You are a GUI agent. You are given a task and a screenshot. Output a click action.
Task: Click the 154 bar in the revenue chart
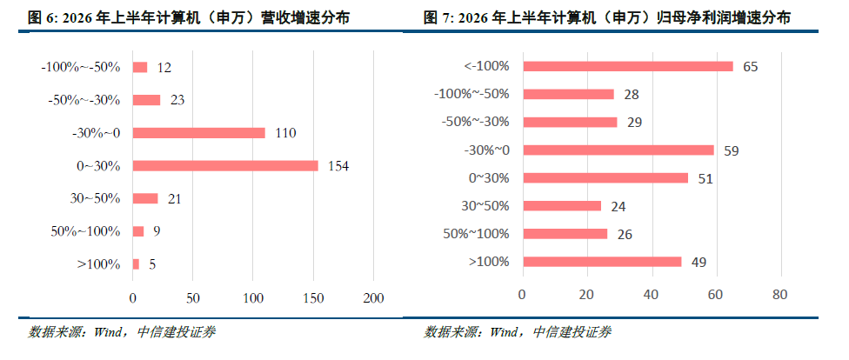coord(225,166)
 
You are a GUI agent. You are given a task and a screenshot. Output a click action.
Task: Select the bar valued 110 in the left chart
coord(198,133)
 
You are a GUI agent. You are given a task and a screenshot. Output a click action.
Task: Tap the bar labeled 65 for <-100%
coord(628,66)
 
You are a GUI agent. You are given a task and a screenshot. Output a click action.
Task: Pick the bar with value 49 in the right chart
coord(602,262)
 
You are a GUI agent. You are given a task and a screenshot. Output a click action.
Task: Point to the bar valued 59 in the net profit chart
coord(618,150)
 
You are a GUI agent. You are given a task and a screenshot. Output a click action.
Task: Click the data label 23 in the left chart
coord(177,100)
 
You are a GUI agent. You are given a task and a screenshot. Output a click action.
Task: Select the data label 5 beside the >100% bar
coord(152,264)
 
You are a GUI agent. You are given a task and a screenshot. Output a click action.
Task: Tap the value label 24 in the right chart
coord(618,206)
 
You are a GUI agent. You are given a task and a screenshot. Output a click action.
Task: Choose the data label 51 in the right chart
coord(705,178)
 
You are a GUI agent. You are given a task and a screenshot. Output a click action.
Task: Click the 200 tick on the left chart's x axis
coord(373,298)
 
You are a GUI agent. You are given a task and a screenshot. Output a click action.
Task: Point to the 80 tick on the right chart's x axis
coord(781,295)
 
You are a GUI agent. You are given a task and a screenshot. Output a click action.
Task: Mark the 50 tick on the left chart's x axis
coord(193,298)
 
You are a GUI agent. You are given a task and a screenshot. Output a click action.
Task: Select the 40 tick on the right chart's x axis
coord(652,295)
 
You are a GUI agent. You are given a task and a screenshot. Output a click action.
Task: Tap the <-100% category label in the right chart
coord(487,66)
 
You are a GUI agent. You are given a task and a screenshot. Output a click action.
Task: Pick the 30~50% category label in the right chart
coord(485,206)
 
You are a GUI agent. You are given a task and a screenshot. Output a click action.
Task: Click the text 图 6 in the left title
coord(42,18)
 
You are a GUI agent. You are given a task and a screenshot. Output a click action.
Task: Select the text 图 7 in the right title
coord(437,18)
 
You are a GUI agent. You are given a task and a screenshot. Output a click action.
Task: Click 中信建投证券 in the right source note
coord(572,332)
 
